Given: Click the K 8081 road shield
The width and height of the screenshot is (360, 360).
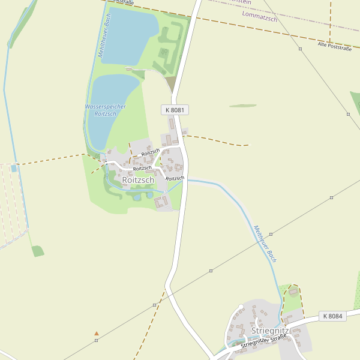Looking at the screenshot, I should [x=175, y=110].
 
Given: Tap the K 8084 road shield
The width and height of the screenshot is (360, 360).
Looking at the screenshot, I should [x=332, y=316].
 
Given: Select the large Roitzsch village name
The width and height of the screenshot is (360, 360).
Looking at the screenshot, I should [x=138, y=180].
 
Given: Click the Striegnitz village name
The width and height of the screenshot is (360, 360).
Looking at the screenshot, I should [x=270, y=331].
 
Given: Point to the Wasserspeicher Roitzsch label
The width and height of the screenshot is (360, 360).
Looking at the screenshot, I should [x=105, y=110].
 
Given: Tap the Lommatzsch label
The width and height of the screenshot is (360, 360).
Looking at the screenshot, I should [x=259, y=19].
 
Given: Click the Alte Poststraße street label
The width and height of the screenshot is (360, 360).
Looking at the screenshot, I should [x=334, y=46].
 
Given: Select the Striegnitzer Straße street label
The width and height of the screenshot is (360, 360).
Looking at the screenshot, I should [x=263, y=342].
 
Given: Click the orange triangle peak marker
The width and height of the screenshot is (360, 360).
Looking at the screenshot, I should [x=97, y=333].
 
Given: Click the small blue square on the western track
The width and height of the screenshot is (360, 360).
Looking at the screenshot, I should [x=14, y=169].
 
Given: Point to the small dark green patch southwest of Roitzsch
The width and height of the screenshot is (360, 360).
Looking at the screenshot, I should [x=38, y=251].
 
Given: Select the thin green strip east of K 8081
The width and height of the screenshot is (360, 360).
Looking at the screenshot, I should [x=242, y=106].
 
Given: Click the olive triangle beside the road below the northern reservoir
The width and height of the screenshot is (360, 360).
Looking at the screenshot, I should [x=172, y=85].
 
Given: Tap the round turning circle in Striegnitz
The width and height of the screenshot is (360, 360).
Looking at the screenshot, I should [x=241, y=307].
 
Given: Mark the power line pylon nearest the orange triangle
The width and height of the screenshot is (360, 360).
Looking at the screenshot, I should [x=96, y=340].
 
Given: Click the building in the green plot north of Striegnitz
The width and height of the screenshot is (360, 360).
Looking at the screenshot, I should [x=293, y=292].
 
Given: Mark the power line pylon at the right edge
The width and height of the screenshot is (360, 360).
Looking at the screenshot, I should [x=348, y=113].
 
